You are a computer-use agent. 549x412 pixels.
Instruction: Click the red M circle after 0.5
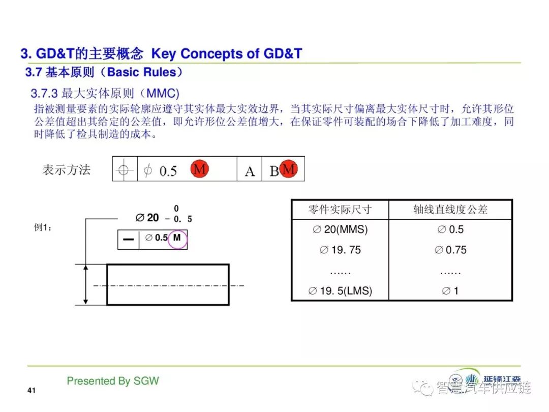(200, 169)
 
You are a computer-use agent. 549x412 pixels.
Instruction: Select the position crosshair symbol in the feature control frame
(124, 170)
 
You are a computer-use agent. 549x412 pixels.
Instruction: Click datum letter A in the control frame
(250, 171)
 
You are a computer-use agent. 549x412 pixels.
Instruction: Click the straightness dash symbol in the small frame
(129, 240)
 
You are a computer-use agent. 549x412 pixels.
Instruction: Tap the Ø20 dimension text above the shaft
(147, 218)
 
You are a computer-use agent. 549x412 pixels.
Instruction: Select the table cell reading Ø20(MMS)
(340, 229)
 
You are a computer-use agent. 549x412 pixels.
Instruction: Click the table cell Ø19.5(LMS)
(340, 291)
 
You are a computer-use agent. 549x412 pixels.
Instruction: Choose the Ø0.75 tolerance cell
(450, 250)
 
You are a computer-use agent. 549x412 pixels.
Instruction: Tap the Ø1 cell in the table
(450, 291)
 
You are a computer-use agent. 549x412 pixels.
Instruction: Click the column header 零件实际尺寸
(340, 210)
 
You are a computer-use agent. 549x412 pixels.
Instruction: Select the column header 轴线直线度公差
(450, 210)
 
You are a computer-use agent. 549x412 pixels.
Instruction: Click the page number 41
(32, 390)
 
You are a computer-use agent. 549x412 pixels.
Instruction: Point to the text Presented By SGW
(113, 381)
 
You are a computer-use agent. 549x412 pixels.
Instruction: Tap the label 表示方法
(66, 170)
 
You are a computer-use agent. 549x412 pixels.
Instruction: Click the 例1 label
(43, 227)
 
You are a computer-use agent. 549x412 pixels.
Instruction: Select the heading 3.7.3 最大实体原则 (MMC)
(105, 94)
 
